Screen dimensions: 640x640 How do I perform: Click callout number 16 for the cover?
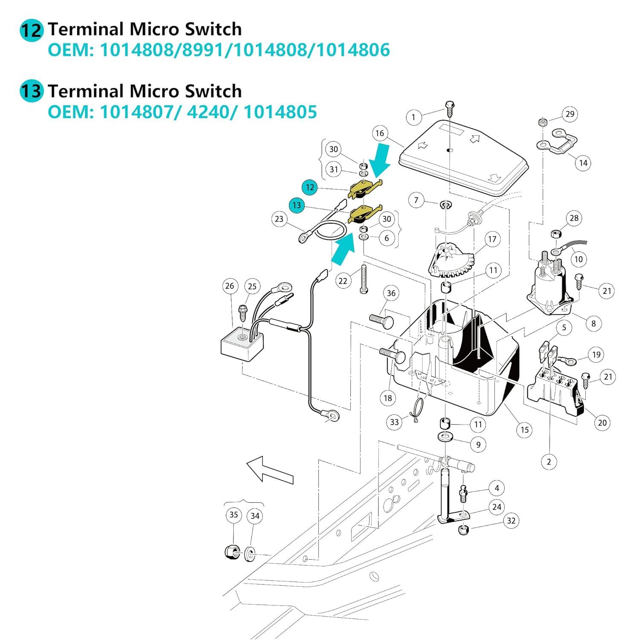(x=380, y=134)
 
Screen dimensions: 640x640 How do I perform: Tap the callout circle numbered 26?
(x=230, y=286)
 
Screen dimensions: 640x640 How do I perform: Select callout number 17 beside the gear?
(x=492, y=239)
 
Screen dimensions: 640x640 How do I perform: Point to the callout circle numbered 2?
(x=549, y=462)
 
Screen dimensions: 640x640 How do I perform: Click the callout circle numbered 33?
(x=394, y=422)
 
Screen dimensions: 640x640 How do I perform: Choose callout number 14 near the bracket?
(x=583, y=163)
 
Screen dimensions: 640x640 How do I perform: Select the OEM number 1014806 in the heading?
(x=353, y=50)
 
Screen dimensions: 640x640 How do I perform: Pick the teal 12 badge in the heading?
(x=32, y=30)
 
